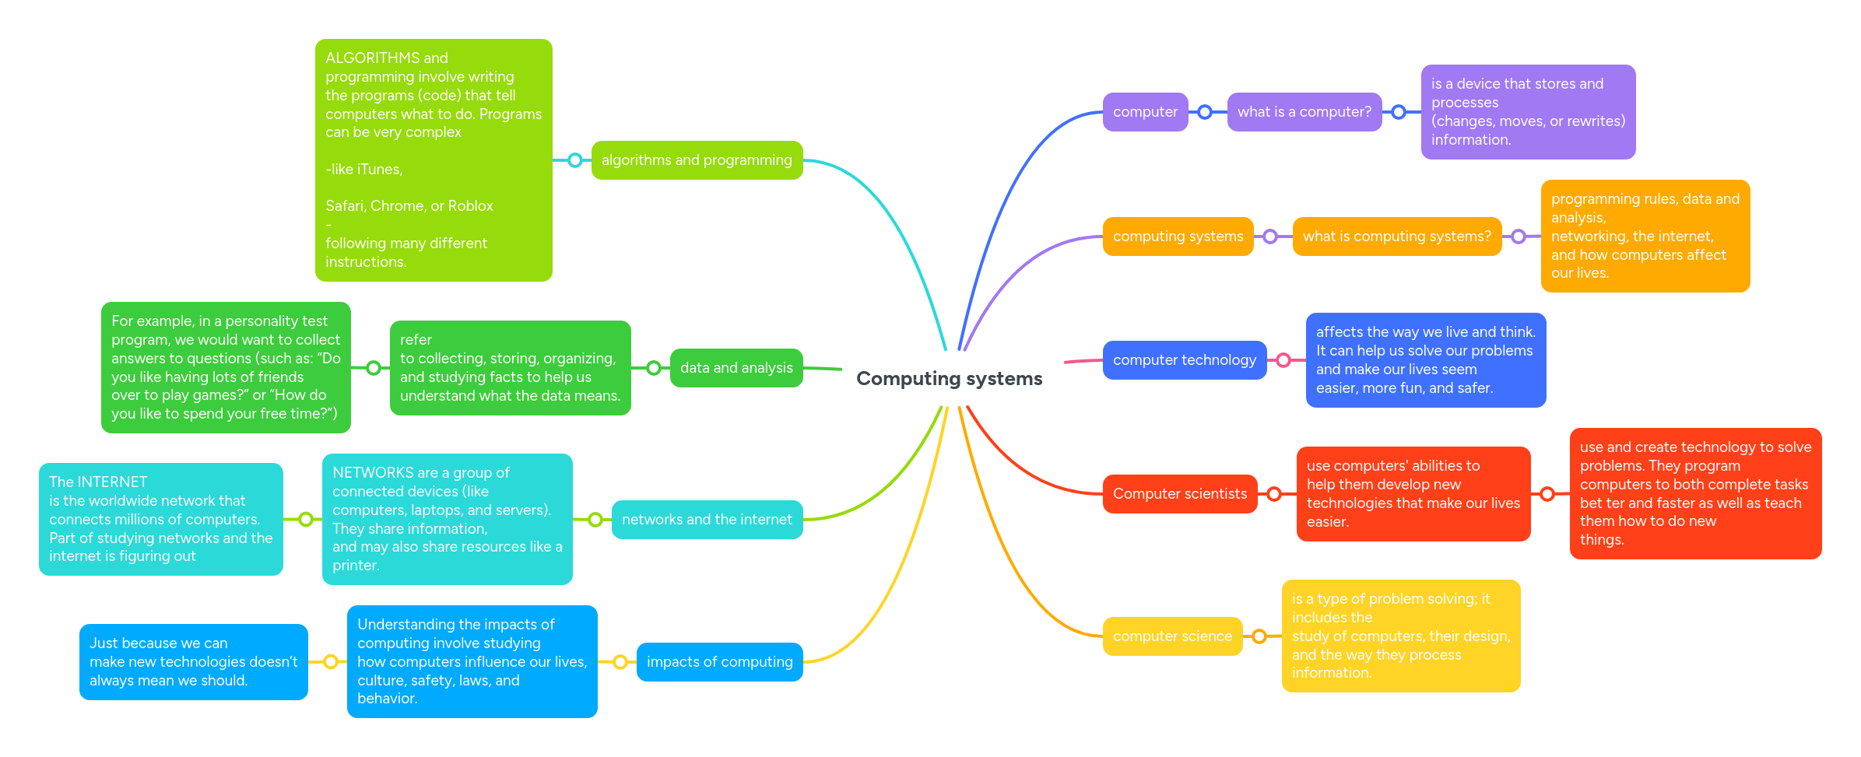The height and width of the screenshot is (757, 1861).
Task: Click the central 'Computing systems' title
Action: [949, 379]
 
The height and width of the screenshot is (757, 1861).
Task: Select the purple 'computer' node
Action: [1145, 112]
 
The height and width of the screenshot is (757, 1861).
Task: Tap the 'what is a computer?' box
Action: [1304, 112]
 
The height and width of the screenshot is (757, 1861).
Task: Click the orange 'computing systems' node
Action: [1178, 237]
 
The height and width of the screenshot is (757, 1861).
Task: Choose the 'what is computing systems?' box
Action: [1396, 237]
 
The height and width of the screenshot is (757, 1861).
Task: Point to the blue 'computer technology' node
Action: [1184, 360]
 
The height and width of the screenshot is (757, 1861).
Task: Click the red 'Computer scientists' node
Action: [1179, 494]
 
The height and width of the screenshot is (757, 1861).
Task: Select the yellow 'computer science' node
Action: [1172, 636]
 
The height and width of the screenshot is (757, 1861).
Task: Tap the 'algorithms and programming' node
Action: [697, 160]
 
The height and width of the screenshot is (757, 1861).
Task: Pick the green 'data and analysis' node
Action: [736, 368]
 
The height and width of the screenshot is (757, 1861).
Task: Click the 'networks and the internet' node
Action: [707, 520]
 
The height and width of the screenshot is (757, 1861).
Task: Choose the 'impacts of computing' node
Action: [719, 662]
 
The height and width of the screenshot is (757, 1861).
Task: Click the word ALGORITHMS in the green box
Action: [372, 58]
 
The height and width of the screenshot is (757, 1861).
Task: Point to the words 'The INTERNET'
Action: [98, 482]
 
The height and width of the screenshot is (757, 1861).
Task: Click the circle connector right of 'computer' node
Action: [1205, 112]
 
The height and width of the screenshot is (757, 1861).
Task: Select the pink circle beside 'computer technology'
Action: [1283, 360]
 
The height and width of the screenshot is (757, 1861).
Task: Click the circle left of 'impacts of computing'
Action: [620, 662]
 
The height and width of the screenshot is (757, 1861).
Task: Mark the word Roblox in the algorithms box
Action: [470, 206]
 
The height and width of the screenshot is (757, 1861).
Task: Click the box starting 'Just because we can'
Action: [193, 662]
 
